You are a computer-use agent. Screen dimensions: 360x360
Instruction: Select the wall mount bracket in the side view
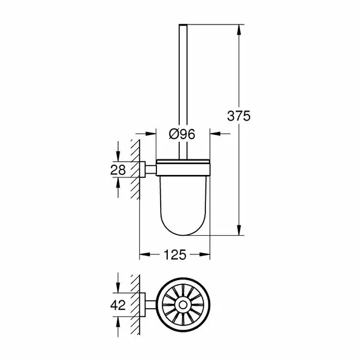[146, 170]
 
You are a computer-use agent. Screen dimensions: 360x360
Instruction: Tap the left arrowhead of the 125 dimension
[143, 254]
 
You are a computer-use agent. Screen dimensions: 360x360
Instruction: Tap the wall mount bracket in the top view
[147, 306]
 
